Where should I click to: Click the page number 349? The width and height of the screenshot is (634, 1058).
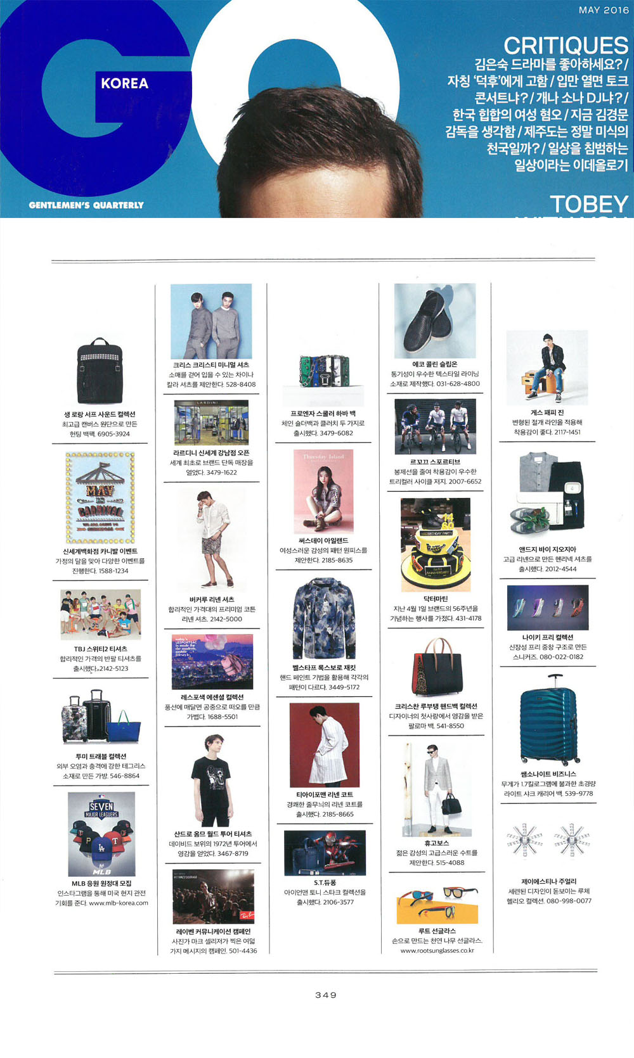coord(326,995)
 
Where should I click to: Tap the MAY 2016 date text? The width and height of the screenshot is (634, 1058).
coord(604,10)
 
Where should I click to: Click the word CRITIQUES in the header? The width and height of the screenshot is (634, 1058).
coord(566,46)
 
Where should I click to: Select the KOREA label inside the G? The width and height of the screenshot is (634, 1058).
coord(124,84)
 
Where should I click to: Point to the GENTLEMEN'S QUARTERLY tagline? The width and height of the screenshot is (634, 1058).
coord(86,205)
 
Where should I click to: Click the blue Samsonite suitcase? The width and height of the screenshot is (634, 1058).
coord(549,720)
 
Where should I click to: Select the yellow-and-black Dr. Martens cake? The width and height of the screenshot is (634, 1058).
coord(435,544)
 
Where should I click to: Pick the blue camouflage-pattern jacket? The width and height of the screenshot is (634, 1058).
coord(323,620)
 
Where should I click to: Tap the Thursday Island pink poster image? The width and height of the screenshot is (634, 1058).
coord(323,492)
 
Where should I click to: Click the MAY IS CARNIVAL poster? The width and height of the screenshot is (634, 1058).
coord(100,498)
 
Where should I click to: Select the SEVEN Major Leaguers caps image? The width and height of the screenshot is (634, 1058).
coord(101,834)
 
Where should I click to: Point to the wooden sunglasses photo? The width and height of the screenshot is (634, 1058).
coord(437,905)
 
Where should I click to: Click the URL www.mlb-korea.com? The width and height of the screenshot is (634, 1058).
coord(119,903)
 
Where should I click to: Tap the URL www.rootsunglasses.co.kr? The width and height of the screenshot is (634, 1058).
coord(437,950)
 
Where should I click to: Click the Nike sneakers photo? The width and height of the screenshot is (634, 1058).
coord(548,607)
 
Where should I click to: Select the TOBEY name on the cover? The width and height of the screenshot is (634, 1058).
coord(588,204)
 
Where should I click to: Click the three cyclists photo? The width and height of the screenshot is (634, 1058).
coord(435,427)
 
